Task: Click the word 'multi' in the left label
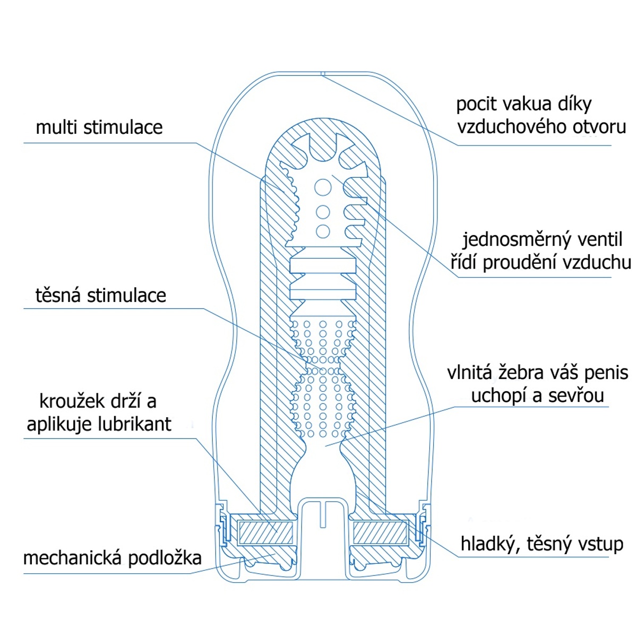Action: click(57, 127)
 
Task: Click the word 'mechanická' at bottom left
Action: click(67, 558)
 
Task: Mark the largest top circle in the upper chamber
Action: click(323, 187)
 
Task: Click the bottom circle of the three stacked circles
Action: click(322, 231)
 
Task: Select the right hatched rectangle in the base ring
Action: click(380, 532)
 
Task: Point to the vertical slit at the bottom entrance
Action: click(323, 513)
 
